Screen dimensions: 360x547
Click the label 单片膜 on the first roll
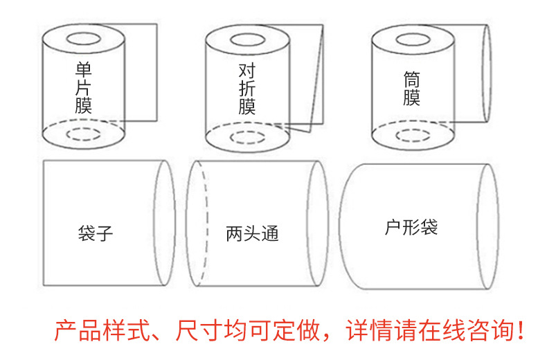click(x=84, y=88)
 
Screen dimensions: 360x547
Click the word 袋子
click(x=95, y=233)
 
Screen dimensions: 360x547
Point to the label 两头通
click(x=252, y=233)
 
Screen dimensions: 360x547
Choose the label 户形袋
click(x=411, y=227)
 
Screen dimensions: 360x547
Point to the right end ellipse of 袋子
click(x=165, y=223)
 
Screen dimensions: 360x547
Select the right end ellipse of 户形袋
click(x=490, y=226)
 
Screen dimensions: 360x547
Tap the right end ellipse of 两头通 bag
click(x=319, y=224)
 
